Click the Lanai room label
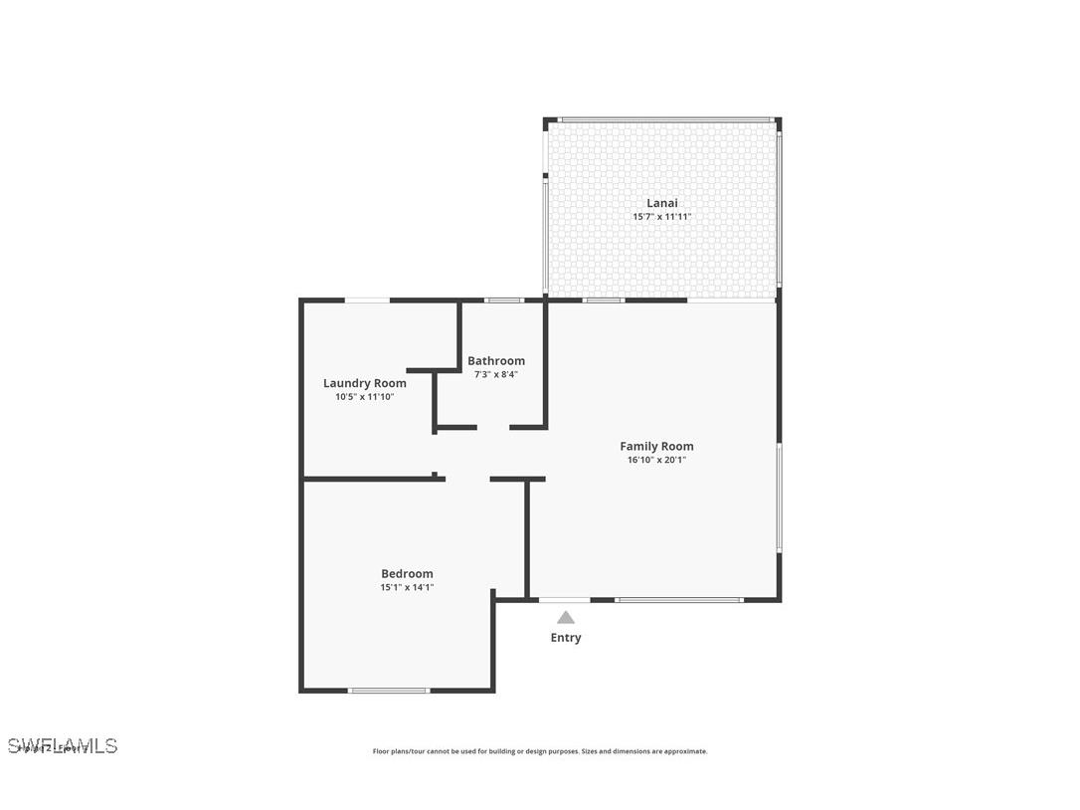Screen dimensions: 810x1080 pos(662,203)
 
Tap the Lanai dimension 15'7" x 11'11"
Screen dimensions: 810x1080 pos(662,217)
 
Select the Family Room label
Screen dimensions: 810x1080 pos(656,447)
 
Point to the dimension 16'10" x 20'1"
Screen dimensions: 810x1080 pos(656,460)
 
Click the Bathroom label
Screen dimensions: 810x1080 pos(496,361)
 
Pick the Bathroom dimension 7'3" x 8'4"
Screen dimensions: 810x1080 pos(496,374)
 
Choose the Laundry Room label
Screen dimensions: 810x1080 pos(365,383)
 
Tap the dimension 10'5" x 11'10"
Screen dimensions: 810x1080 pos(365,396)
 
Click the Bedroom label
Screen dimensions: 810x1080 pos(407,573)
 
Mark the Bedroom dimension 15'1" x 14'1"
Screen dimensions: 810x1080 pos(407,587)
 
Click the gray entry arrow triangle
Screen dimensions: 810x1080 pos(566,617)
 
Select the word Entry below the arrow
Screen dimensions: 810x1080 pos(566,638)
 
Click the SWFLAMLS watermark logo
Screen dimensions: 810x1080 pos(63,745)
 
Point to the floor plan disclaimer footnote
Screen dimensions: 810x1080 pos(540,751)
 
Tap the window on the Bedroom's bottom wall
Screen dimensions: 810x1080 pos(389,690)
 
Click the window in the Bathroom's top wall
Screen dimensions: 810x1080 pos(503,300)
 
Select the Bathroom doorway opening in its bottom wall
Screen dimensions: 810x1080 pos(493,427)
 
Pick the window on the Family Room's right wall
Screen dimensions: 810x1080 pos(779,498)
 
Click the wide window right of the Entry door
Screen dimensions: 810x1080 pos(679,600)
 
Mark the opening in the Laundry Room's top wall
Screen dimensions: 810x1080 pos(367,300)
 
